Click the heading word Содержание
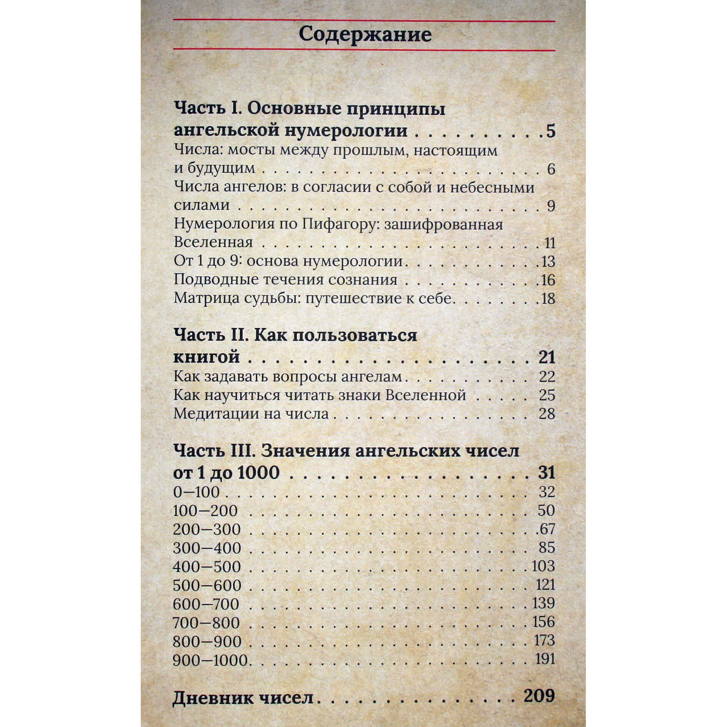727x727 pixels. click(x=365, y=35)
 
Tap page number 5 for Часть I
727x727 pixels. click(x=550, y=131)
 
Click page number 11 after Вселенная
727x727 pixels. click(x=550, y=243)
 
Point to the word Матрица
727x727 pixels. click(x=200, y=298)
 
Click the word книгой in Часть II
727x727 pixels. click(x=207, y=357)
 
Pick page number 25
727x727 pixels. click(x=547, y=395)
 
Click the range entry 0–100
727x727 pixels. click(x=196, y=492)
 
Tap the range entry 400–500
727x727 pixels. click(x=207, y=567)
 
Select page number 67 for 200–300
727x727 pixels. click(x=547, y=529)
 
